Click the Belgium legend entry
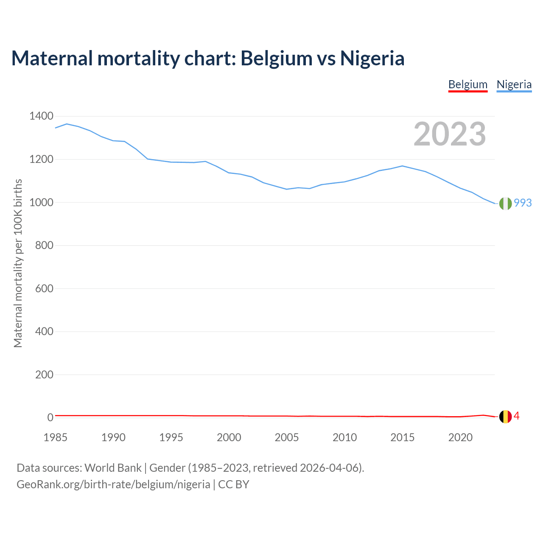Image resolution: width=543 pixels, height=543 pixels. tap(468, 84)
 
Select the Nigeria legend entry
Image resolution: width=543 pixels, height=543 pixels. tap(514, 84)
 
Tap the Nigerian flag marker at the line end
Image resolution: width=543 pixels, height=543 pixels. tap(505, 204)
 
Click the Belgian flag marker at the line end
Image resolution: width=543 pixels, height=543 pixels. tap(505, 417)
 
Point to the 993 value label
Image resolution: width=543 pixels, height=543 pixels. tap(523, 203)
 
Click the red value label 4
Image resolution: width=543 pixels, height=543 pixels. tap(517, 416)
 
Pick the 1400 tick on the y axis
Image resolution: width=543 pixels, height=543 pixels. tap(41, 116)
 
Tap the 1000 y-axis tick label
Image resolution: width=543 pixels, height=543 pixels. tap(41, 202)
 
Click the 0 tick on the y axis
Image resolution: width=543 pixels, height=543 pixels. tap(50, 417)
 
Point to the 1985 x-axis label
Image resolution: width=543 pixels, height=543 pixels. tap(56, 437)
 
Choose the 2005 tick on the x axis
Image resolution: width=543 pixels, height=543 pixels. tap(287, 437)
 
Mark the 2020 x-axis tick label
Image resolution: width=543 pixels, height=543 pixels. tap(460, 437)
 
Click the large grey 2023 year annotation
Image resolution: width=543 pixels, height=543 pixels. tap(450, 134)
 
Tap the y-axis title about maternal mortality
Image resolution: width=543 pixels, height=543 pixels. tap(18, 263)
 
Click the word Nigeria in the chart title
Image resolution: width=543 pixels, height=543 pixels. tap(372, 59)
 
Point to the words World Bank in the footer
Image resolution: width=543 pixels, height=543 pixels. tap(113, 468)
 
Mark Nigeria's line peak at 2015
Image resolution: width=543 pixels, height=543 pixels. tap(402, 166)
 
